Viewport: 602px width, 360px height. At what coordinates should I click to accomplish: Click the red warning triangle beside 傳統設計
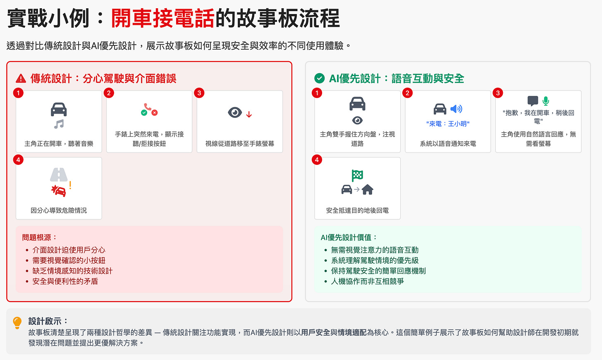[21, 79]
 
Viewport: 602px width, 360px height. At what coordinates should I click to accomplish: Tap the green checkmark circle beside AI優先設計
[320, 78]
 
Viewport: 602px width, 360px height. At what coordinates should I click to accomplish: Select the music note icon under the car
[59, 124]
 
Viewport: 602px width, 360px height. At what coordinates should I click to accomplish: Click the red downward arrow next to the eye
[249, 114]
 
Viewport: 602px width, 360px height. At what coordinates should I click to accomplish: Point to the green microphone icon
[546, 101]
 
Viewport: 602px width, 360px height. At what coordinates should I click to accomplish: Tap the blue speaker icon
[456, 109]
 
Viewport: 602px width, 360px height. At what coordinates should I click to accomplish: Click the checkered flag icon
[357, 176]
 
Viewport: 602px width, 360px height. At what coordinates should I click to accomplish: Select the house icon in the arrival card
[368, 190]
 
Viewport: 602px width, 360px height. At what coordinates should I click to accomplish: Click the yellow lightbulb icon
[17, 322]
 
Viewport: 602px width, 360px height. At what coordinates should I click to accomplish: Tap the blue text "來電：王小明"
[448, 124]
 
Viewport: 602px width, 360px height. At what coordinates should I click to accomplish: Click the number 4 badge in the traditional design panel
[18, 160]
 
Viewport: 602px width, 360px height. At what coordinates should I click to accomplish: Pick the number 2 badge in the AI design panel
[407, 93]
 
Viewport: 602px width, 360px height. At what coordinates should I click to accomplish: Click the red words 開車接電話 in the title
[162, 19]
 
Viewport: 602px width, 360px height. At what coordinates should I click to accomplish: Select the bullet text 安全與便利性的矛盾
[65, 281]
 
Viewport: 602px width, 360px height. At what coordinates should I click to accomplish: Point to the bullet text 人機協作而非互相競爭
[367, 281]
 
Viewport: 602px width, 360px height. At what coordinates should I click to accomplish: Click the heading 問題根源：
[40, 237]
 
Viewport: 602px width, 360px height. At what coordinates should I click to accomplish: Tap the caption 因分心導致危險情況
[59, 210]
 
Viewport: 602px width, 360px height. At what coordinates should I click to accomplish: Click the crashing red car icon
[59, 191]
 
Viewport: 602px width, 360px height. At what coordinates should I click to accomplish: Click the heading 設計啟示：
[48, 321]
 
